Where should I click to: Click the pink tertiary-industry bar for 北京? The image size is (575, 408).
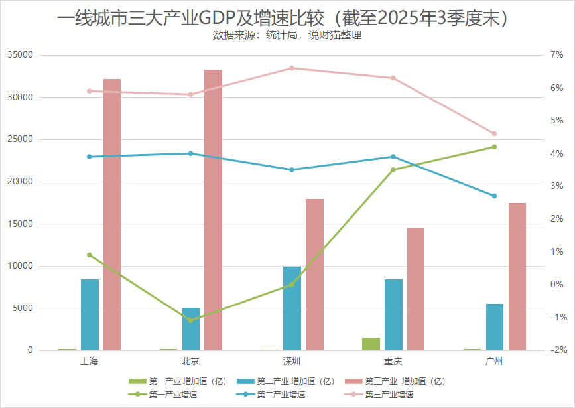[213, 210]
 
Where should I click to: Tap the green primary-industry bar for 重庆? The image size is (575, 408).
[371, 344]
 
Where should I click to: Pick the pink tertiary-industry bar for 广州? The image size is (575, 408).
[517, 277]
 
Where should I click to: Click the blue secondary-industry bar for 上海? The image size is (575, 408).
[90, 314]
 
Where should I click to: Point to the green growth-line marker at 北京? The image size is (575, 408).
[191, 320]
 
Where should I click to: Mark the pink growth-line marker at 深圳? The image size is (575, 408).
[292, 68]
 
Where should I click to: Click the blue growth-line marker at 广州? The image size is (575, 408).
[494, 196]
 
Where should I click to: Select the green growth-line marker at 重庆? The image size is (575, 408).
[393, 170]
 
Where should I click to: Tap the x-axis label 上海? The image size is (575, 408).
[90, 362]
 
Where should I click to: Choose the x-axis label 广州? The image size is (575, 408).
[494, 362]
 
